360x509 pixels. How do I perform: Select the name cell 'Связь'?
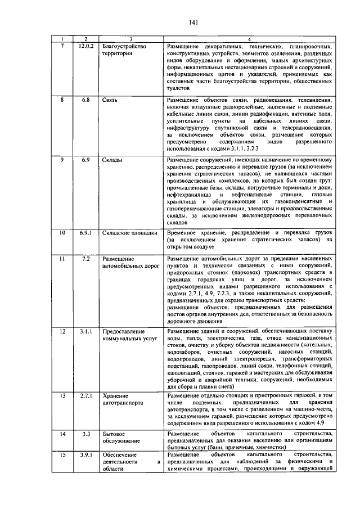pos(110,100)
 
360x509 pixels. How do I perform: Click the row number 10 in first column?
pos(63,232)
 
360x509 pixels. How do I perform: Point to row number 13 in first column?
pos(63,396)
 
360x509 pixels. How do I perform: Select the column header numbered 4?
pos(250,39)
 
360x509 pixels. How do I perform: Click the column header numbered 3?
pos(130,39)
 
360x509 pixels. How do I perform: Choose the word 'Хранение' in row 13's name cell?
pos(115,396)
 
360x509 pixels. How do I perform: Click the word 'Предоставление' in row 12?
pos(125,331)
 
